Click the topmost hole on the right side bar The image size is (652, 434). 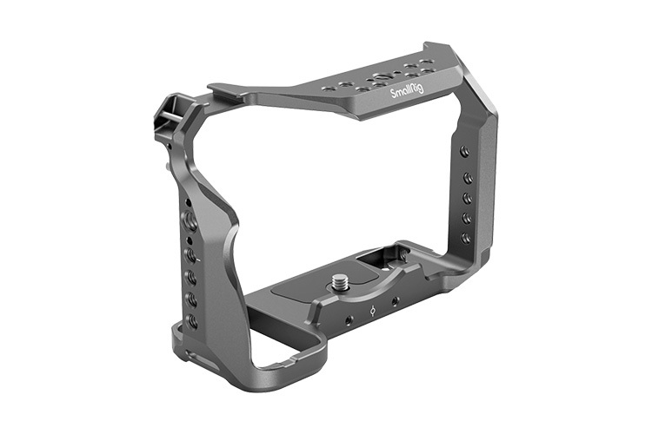click(465, 151)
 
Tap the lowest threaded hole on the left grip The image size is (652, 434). click(192, 321)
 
